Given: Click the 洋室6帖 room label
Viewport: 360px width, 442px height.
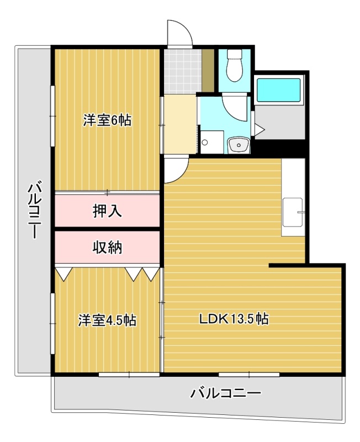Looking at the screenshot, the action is click(x=107, y=120).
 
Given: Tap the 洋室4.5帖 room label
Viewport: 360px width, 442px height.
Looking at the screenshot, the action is click(x=107, y=320).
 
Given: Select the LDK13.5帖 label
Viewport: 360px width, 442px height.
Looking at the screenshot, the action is click(x=234, y=319).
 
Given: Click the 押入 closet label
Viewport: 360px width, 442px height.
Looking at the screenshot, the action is click(x=107, y=211).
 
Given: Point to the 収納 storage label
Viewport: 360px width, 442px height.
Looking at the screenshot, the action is click(x=107, y=248).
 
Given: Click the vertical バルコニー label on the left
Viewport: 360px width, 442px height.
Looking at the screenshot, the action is click(x=35, y=210).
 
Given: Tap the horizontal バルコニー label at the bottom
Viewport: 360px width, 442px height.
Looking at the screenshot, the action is click(x=226, y=393).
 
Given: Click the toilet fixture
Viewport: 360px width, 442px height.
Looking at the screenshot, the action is click(x=235, y=65).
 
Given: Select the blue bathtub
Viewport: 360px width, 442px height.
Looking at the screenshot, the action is click(x=279, y=90).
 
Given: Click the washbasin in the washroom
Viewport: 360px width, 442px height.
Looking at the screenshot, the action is click(x=239, y=145).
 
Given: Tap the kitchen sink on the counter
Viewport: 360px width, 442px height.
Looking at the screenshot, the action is click(x=293, y=212).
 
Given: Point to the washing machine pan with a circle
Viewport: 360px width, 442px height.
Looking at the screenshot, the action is click(x=212, y=142).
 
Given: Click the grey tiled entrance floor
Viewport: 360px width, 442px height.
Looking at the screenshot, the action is click(x=183, y=71).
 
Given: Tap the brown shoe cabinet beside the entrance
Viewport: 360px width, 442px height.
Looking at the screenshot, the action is click(x=208, y=71).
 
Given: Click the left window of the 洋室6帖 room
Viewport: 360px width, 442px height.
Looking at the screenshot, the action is click(x=52, y=116).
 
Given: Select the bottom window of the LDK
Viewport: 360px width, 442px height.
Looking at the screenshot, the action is click(x=249, y=375).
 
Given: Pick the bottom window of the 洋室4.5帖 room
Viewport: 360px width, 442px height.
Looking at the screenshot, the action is click(x=129, y=375).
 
